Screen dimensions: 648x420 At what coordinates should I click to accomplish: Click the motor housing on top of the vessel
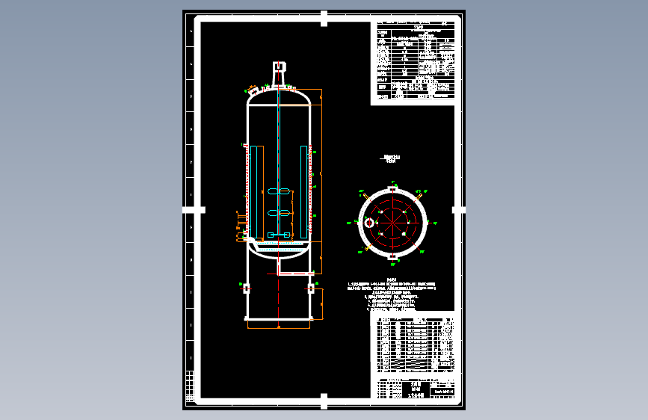point(278,72)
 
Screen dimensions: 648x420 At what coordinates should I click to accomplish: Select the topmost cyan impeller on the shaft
point(278,193)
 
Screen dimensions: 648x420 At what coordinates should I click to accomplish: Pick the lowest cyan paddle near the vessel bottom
point(279,236)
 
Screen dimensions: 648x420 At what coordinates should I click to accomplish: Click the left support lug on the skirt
point(247,287)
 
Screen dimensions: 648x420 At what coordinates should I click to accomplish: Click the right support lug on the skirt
point(311,287)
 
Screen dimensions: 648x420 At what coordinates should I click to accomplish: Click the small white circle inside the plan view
point(368,223)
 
